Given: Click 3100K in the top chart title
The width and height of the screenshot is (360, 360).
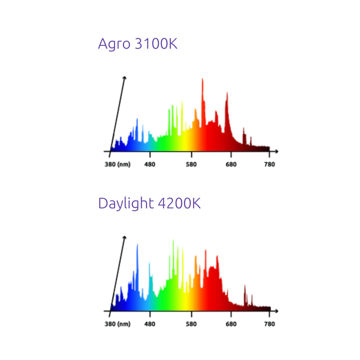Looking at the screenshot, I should (x=156, y=44).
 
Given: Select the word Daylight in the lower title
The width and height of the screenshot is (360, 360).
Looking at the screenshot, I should (x=126, y=203).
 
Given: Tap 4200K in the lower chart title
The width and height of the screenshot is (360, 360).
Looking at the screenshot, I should (x=179, y=203).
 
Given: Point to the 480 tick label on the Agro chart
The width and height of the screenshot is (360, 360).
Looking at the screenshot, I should (x=149, y=164).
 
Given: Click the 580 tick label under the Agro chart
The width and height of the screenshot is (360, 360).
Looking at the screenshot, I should (x=192, y=164).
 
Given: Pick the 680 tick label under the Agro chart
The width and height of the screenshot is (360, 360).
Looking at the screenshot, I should (x=231, y=164).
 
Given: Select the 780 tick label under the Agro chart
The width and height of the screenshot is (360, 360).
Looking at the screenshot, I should (x=270, y=164).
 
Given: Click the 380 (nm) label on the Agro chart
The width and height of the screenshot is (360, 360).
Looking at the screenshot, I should (x=118, y=164).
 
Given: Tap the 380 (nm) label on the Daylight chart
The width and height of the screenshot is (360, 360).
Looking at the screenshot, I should (x=118, y=324).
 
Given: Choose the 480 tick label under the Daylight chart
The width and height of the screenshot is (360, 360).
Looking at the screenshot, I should (x=149, y=324).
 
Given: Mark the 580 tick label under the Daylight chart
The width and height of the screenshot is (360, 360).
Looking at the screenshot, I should (x=192, y=324).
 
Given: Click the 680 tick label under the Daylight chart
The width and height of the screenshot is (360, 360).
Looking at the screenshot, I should (x=231, y=324).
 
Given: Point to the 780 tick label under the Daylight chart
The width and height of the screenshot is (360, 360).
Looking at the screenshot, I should (x=270, y=324).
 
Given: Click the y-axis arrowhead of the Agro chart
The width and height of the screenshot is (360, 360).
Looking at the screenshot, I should (x=124, y=78).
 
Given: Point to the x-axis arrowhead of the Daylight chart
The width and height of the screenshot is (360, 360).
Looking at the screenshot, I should (x=276, y=311).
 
